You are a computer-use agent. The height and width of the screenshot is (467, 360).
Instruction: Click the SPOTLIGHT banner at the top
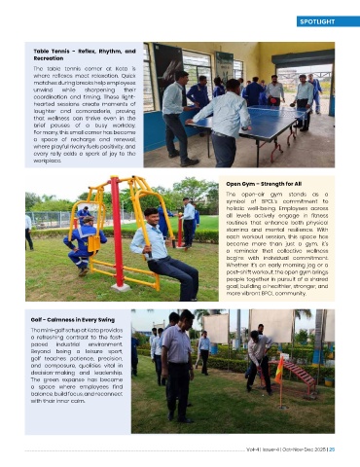319,20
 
